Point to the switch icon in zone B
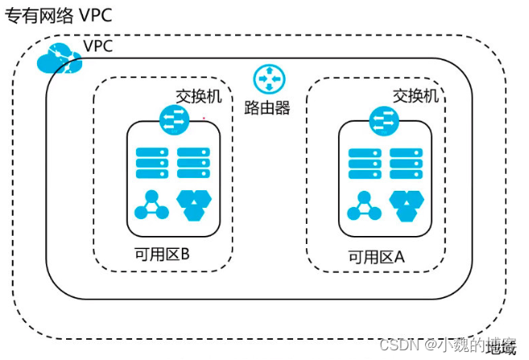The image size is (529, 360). pyautogui.click(x=172, y=119)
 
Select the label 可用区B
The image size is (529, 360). pyautogui.click(x=161, y=255)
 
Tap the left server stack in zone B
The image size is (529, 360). pyautogui.click(x=149, y=163)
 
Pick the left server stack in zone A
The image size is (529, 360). pyautogui.click(x=362, y=163)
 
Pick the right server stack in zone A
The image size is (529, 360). pyautogui.click(x=405, y=163)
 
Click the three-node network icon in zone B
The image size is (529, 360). pyautogui.click(x=151, y=206)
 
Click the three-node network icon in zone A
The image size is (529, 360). pyautogui.click(x=363, y=207)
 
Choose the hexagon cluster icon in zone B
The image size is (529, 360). pyautogui.click(x=192, y=206)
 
